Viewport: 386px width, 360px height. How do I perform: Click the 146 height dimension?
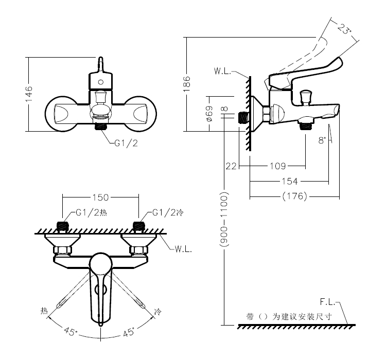tap(29, 94)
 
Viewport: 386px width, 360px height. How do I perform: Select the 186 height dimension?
tap(187, 84)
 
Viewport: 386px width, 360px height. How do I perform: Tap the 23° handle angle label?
tap(343, 29)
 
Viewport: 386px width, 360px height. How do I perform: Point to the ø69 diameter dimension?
tap(209, 114)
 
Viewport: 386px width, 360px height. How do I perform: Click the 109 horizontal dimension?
tap(278, 166)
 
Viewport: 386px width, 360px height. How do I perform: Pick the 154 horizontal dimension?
tap(290, 182)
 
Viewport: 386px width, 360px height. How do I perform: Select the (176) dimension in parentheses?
tap(295, 196)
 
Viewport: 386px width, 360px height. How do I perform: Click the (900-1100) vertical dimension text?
tap(224, 220)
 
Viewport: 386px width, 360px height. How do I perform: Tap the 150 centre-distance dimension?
tap(100, 197)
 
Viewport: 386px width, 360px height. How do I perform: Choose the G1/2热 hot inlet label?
tap(91, 212)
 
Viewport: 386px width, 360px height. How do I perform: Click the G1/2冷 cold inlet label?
tap(168, 212)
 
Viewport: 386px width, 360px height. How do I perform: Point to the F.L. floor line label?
tap(328, 302)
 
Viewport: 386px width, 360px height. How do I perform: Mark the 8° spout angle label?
tap(322, 140)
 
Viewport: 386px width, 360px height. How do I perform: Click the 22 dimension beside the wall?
tap(231, 166)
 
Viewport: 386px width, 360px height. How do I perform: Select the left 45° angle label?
tap(71, 331)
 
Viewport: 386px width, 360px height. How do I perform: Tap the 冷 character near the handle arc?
tap(157, 312)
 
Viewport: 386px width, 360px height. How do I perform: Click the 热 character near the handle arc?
tap(44, 311)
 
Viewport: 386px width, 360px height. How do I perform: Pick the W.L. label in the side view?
tap(222, 71)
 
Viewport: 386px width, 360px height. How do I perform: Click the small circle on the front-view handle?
tap(101, 82)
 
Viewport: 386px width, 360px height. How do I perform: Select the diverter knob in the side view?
tap(306, 97)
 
